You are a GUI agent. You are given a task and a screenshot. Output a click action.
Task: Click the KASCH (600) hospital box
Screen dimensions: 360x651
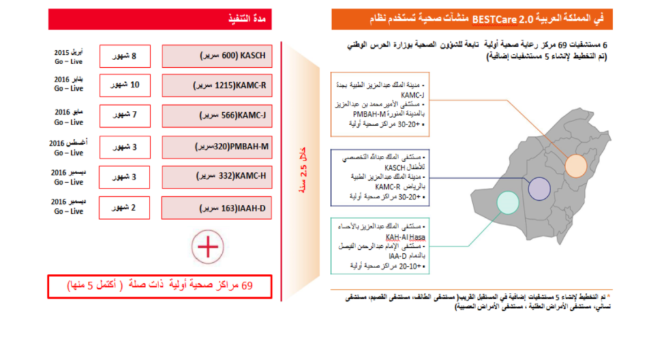(216, 56)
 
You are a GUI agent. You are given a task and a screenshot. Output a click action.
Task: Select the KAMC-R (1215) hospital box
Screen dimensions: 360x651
(216, 85)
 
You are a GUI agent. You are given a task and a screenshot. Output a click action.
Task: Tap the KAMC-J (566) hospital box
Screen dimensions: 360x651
(216, 115)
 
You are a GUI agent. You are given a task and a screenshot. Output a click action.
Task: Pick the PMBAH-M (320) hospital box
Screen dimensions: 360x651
(216, 147)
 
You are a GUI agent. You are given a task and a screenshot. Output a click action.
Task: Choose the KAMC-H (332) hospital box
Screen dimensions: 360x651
(216, 177)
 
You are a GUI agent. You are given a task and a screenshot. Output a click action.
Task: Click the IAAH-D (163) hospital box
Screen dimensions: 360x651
(216, 207)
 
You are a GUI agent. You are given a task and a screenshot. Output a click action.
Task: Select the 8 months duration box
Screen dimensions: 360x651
(125, 56)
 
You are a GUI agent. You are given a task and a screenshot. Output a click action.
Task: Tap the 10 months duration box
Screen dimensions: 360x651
(125, 85)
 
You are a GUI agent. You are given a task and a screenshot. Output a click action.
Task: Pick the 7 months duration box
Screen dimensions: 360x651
(125, 115)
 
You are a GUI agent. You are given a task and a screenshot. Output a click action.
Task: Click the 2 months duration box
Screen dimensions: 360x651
(125, 207)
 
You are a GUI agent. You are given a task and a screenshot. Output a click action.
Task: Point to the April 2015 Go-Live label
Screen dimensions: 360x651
(68, 55)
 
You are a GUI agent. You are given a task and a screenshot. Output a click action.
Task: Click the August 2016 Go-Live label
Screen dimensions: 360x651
(68, 147)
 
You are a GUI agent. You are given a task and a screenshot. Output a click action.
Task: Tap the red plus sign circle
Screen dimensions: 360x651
(207, 247)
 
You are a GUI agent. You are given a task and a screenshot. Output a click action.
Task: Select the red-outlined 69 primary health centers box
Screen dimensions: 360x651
(160, 286)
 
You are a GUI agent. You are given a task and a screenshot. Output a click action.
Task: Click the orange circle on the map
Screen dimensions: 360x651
(577, 165)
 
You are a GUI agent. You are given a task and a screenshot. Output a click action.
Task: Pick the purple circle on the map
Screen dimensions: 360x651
(539, 188)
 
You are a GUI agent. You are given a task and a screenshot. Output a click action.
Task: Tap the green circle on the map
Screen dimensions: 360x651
(507, 202)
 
